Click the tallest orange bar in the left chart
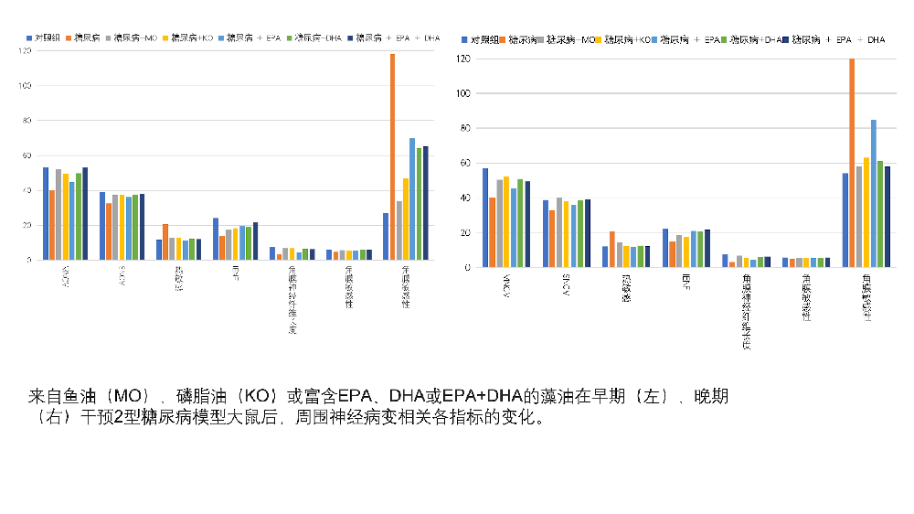click(392, 156)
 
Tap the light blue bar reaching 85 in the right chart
click(873, 193)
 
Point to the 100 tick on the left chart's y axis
click(25, 86)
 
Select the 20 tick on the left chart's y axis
click(27, 225)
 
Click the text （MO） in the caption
click(133, 397)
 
